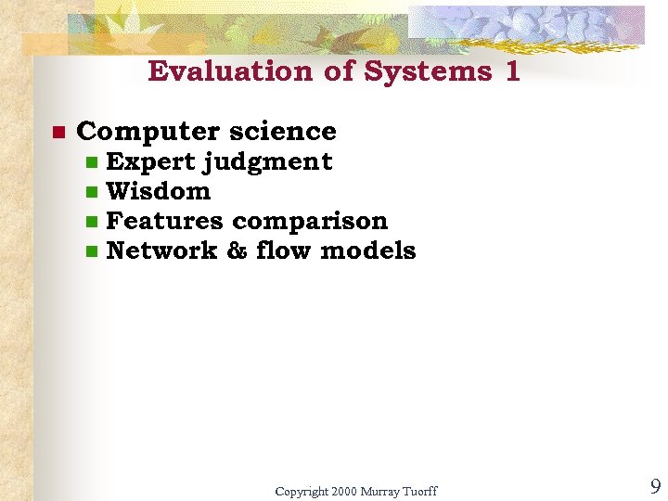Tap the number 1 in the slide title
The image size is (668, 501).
[512, 71]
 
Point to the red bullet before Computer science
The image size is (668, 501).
[57, 133]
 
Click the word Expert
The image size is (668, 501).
[150, 161]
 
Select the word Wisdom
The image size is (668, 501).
[159, 191]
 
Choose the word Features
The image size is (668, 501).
[164, 221]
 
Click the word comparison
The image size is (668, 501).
[310, 222]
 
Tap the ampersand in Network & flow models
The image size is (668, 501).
[237, 250]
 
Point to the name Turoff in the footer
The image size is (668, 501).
[418, 491]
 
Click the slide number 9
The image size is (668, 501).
[655, 486]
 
